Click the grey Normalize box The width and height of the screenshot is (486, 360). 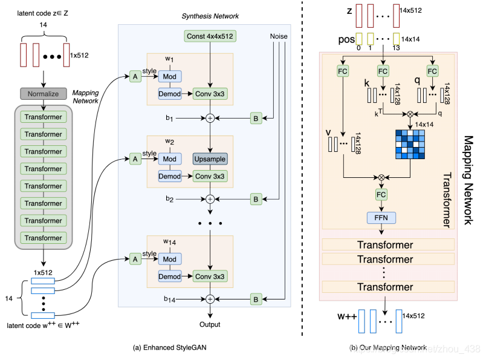pyautogui.click(x=44, y=94)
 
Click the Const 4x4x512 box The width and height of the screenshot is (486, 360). pyautogui.click(x=210, y=36)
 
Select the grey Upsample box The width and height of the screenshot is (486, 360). pyautogui.click(x=210, y=159)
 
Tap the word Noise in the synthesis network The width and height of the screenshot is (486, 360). pyautogui.click(x=279, y=36)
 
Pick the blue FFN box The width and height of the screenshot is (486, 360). pyautogui.click(x=381, y=217)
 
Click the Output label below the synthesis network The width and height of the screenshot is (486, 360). pyautogui.click(x=210, y=324)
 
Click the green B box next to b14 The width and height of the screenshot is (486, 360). pyautogui.click(x=256, y=298)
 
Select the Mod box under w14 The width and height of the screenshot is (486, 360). pyautogui.click(x=170, y=258)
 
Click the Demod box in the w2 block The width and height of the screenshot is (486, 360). pyautogui.click(x=170, y=175)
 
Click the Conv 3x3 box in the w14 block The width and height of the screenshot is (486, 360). pyautogui.click(x=210, y=276)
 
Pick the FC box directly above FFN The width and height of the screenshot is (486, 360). pyautogui.click(x=381, y=194)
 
